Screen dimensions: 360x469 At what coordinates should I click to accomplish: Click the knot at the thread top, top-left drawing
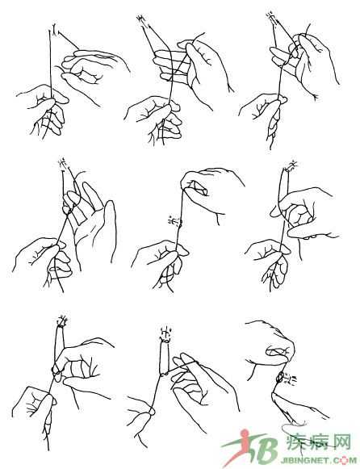(54, 29)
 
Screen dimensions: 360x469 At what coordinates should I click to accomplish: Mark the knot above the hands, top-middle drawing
(140, 19)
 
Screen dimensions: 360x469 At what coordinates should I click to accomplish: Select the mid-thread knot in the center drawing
(175, 222)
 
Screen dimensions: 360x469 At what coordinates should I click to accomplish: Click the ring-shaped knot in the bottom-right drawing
(280, 377)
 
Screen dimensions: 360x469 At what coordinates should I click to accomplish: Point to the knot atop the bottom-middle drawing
(165, 333)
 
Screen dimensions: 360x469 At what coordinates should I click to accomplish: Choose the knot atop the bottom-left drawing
(62, 321)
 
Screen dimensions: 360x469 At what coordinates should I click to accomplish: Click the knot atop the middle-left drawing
(63, 163)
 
